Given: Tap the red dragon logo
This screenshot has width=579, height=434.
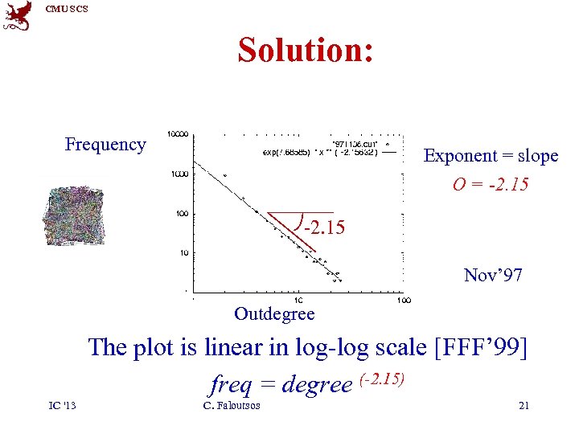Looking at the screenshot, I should [x=18, y=16].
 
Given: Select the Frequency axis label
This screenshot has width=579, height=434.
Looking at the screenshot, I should [x=105, y=145].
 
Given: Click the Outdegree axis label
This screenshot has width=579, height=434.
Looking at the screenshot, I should [x=274, y=313].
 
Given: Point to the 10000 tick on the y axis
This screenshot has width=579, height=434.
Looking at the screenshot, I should [x=179, y=133].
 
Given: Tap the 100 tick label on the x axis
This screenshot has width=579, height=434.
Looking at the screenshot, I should [x=404, y=299].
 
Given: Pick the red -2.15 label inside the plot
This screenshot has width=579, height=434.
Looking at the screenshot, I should [x=324, y=228].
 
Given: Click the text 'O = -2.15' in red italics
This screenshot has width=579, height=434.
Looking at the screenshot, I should [x=491, y=185].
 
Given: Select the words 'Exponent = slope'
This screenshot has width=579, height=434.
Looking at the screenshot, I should [x=491, y=156].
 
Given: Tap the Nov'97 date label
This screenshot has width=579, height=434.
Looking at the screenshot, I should [x=493, y=276].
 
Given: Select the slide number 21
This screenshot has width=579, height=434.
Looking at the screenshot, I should [x=524, y=406].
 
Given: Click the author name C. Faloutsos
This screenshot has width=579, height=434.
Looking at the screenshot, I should [x=232, y=406].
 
